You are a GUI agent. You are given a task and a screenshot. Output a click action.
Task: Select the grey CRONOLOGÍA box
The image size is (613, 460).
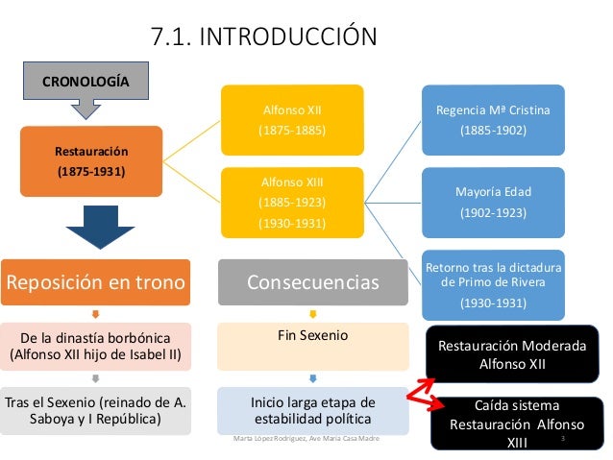click(x=86, y=81)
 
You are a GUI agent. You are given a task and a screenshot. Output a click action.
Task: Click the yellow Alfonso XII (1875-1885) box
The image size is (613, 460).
click(x=293, y=120)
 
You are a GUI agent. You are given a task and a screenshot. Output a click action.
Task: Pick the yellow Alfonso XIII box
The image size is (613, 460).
click(x=293, y=203)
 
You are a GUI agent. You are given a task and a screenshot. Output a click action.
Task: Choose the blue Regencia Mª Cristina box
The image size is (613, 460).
click(x=493, y=119)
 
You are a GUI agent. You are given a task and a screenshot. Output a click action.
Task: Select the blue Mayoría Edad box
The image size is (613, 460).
click(x=493, y=201)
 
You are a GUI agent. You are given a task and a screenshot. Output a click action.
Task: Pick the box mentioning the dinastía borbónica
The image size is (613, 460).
click(x=95, y=348)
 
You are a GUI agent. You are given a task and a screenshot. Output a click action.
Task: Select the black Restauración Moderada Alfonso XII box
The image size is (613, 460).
click(x=511, y=354)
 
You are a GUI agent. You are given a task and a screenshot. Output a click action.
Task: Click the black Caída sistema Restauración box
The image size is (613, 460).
click(x=511, y=424)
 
